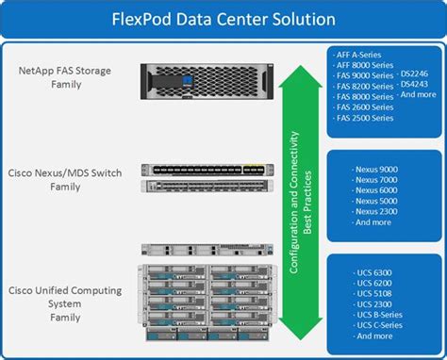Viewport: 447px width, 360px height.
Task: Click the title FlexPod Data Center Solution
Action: pyautogui.click(x=223, y=18)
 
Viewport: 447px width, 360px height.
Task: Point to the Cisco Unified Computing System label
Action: pyautogui.click(x=62, y=293)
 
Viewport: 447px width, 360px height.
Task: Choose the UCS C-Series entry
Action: pyautogui.click(x=375, y=325)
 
